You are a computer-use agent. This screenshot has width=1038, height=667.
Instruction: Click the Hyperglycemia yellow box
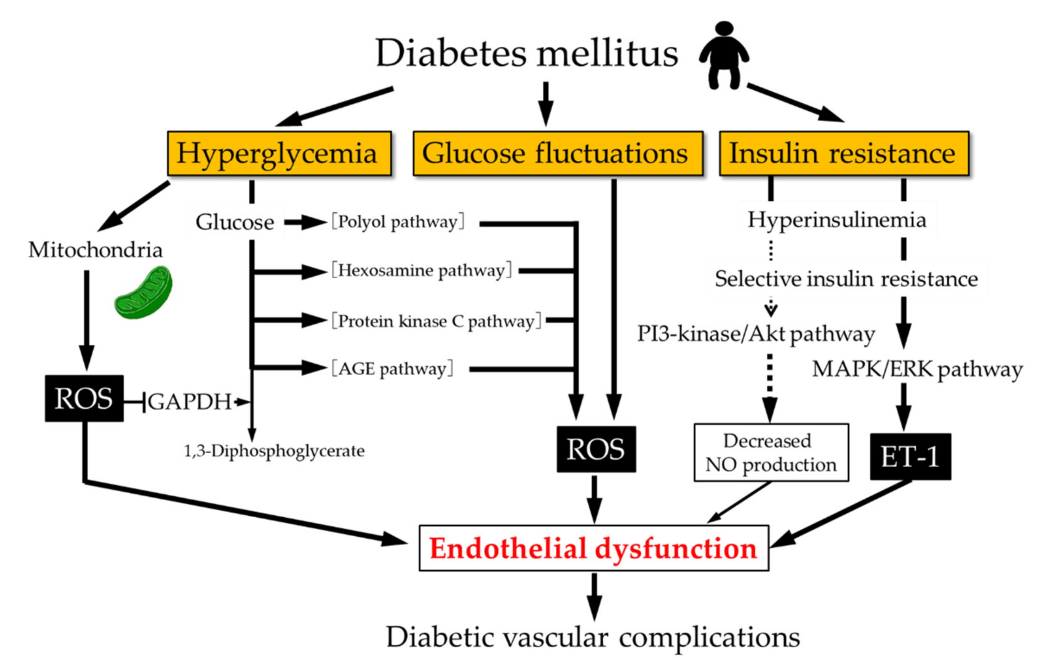[279, 154]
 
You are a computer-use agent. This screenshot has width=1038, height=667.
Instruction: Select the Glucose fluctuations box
[558, 154]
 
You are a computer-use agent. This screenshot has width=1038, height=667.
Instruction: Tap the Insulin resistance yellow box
[844, 154]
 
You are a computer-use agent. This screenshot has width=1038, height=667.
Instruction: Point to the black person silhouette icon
[724, 55]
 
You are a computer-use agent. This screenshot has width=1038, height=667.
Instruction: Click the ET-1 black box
[910, 457]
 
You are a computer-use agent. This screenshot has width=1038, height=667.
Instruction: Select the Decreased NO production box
[771, 453]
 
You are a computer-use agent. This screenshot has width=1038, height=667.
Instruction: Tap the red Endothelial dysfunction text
[593, 548]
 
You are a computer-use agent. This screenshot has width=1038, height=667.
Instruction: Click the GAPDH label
[189, 402]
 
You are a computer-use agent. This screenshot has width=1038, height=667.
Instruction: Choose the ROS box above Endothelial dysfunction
[596, 449]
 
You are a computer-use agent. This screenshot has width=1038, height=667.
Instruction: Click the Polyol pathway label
[397, 222]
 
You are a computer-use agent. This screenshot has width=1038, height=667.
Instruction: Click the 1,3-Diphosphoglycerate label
[274, 451]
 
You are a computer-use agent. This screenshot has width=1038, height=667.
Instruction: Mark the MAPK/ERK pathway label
[917, 369]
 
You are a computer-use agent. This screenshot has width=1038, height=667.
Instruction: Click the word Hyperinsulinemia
[837, 220]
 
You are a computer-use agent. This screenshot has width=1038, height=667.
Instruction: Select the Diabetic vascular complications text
[593, 638]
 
